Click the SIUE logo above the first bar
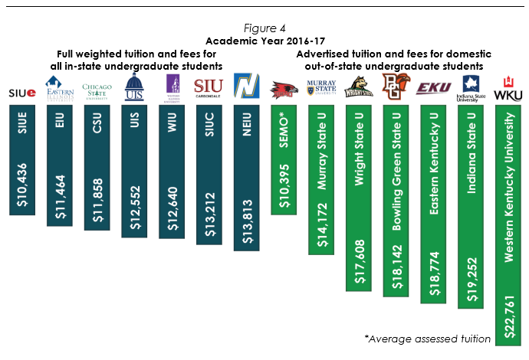point(21,93)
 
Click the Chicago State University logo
point(97,90)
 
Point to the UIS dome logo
point(134,88)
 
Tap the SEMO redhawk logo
point(284,90)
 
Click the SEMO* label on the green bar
point(284,124)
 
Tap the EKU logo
point(433,89)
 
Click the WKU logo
point(508,89)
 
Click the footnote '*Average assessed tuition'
point(440,339)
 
